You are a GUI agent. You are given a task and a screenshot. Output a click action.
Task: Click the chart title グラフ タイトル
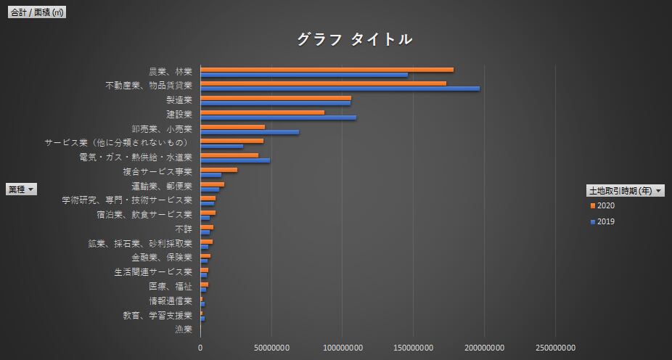[x=354, y=39]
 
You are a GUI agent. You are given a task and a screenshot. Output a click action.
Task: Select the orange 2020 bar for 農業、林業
[x=327, y=70]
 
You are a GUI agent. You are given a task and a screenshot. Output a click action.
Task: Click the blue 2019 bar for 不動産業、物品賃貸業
[x=340, y=89]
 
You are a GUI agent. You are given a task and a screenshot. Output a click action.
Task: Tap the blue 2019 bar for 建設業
[x=278, y=118]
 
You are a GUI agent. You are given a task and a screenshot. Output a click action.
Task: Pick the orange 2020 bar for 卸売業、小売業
[x=232, y=127]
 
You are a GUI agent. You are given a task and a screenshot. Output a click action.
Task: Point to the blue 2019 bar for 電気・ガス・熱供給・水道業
[x=235, y=160]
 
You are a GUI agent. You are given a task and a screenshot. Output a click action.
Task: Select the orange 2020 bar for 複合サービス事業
[x=218, y=170]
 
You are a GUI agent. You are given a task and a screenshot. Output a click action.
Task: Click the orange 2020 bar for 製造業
[x=276, y=98]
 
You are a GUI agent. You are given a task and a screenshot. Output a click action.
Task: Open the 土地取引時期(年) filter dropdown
[x=658, y=190]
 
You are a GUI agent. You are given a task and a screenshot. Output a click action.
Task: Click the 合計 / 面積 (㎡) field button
[x=36, y=12]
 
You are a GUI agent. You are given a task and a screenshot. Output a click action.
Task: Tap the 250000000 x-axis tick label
[x=556, y=348]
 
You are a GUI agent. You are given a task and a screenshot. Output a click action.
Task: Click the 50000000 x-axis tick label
[x=271, y=348]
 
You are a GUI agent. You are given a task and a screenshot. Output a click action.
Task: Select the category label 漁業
[x=183, y=330]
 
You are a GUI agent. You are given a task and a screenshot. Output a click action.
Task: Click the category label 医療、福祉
[x=171, y=287]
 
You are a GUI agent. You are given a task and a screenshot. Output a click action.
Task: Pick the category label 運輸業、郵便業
[x=166, y=186]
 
